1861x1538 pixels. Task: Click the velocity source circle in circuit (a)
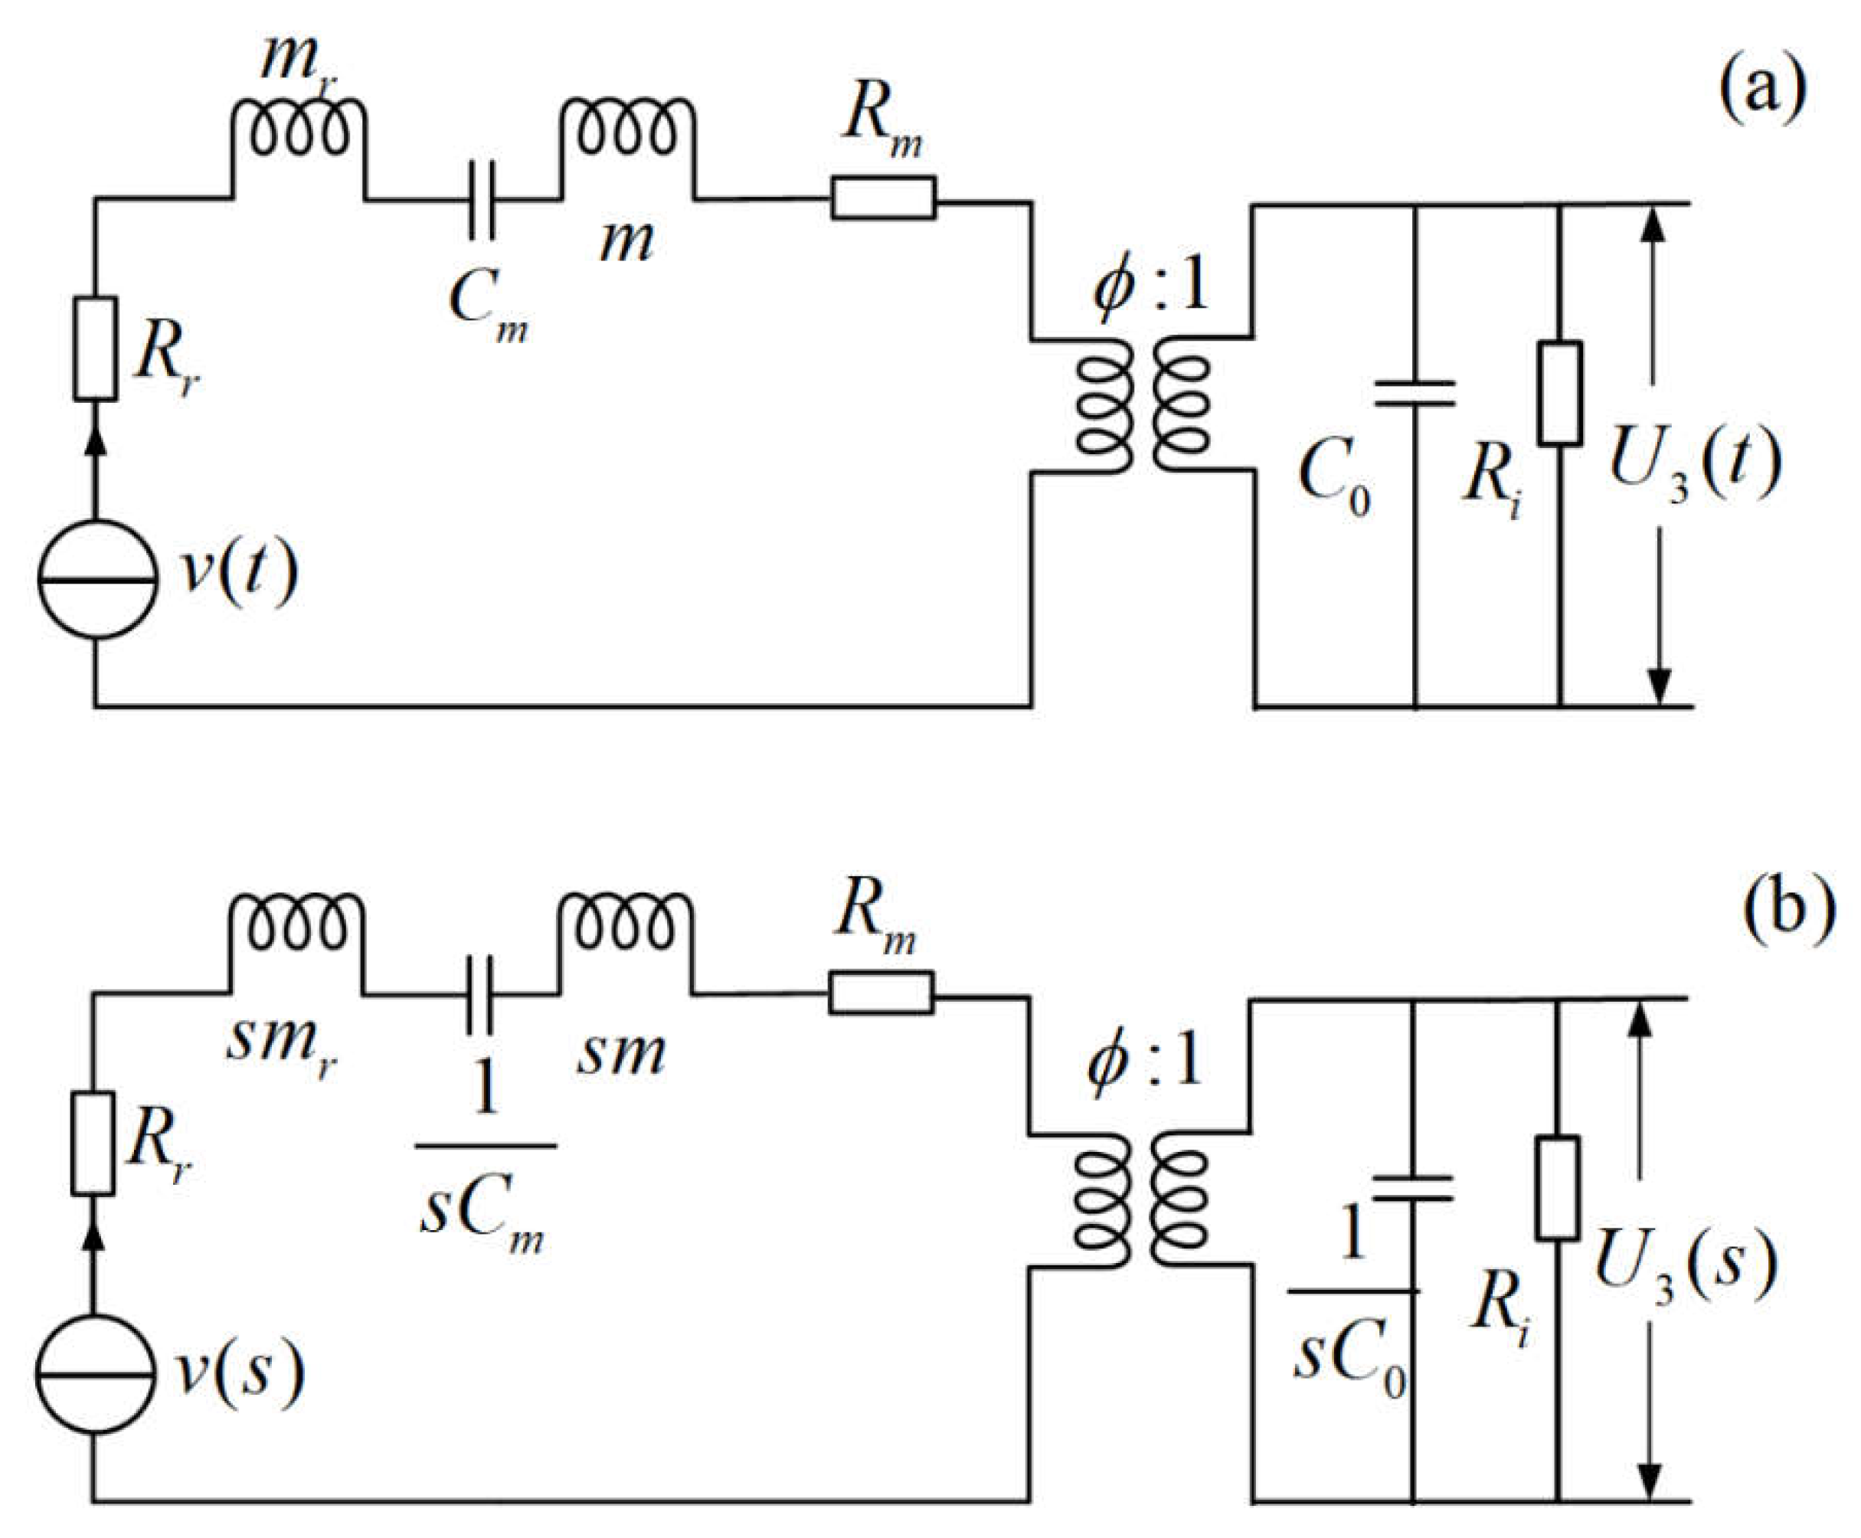point(97,579)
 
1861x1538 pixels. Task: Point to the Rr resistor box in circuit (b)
point(93,1143)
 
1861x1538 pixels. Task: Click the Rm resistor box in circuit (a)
point(883,198)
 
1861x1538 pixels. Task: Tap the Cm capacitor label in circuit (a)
point(488,306)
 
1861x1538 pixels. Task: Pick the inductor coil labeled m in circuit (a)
point(627,133)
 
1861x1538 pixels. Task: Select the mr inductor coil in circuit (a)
point(299,133)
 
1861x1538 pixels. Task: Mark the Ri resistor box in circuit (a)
point(1560,392)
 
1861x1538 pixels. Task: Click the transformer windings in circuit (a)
point(1143,406)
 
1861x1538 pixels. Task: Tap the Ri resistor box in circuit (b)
point(1557,1187)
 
